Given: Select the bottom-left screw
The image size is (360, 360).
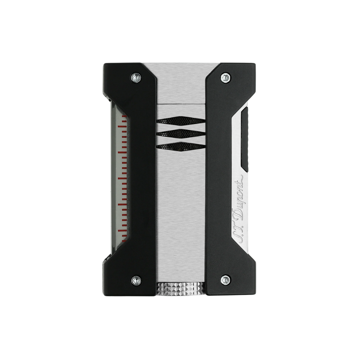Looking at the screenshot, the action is pyautogui.click(x=135, y=280).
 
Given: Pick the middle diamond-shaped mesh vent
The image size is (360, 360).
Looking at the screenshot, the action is pyautogui.click(x=180, y=134).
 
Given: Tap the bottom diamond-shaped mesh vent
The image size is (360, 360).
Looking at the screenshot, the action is pyautogui.click(x=180, y=147).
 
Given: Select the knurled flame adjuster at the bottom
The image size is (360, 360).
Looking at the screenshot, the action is pyautogui.click(x=180, y=288).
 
